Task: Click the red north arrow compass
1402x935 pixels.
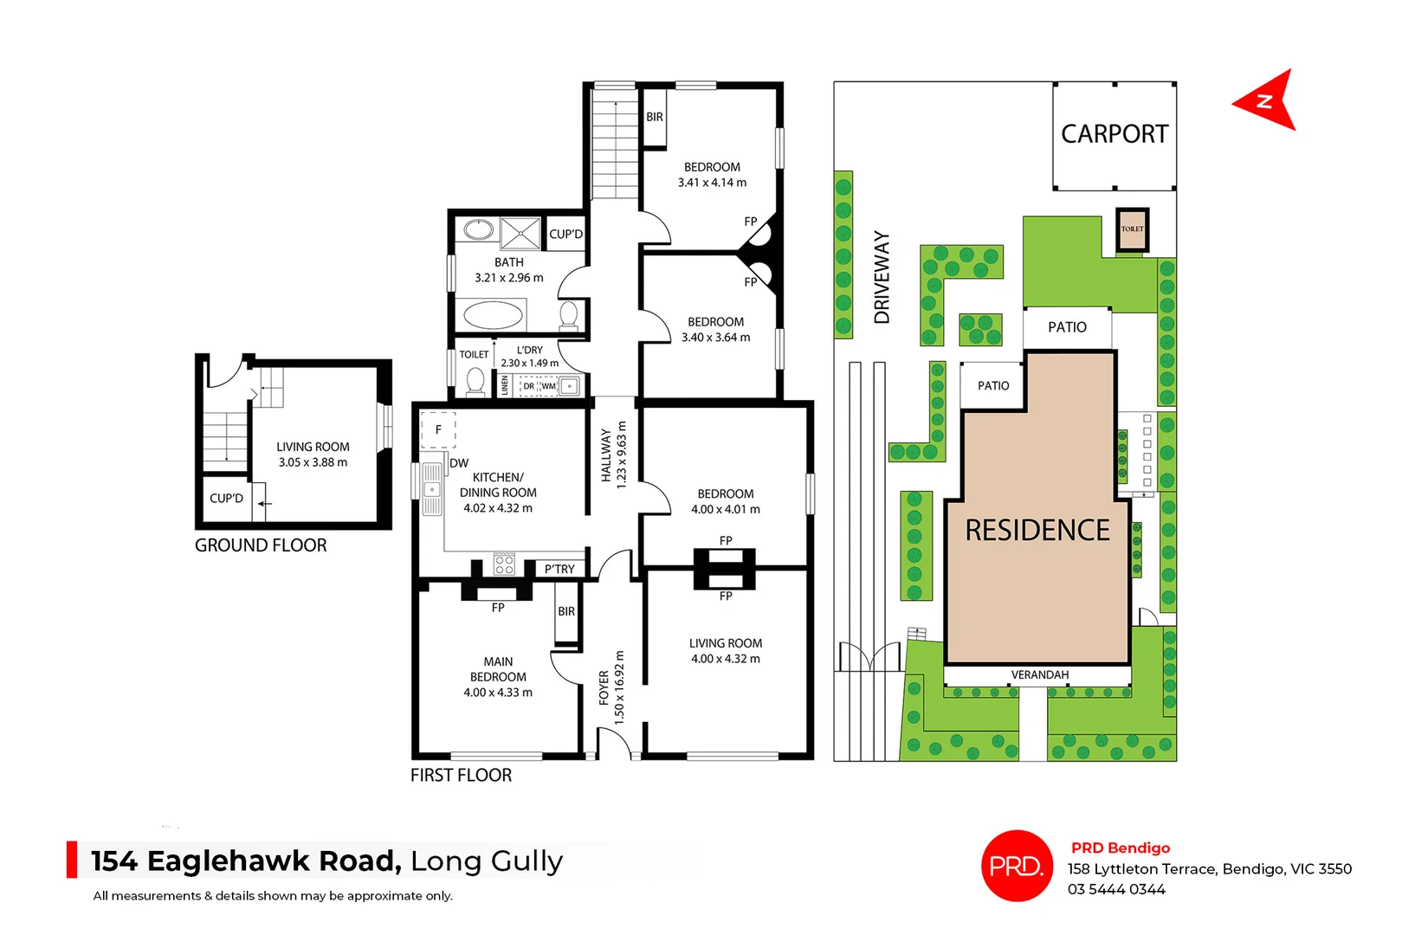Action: [x=1265, y=101]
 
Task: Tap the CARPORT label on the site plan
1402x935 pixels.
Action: [x=1114, y=134]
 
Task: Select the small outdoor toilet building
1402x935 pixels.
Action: [x=1132, y=229]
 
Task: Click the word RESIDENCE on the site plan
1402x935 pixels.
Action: [x=1037, y=530]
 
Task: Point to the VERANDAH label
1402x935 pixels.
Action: [x=1039, y=674]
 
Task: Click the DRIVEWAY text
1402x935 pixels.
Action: [x=882, y=277]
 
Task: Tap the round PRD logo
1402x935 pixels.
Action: [x=1017, y=866]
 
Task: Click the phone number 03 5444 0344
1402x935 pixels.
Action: [x=1116, y=889]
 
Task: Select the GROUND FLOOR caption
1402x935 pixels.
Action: [x=261, y=545]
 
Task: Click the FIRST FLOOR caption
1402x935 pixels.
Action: [x=461, y=775]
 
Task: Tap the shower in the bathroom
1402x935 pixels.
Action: [x=520, y=233]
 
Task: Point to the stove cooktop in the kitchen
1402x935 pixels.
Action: [x=504, y=565]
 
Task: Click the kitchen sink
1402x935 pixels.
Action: [x=431, y=489]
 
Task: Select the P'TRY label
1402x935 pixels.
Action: [x=559, y=569]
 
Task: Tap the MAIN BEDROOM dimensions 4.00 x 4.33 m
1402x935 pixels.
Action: [x=498, y=693]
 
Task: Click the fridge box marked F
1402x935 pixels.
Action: [x=438, y=429]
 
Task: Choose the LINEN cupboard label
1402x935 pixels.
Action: [x=505, y=385]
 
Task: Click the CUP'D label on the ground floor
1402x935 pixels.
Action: [x=226, y=498]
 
